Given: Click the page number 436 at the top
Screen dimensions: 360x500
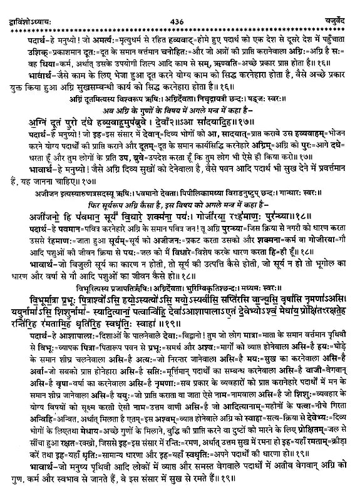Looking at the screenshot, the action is (180, 6).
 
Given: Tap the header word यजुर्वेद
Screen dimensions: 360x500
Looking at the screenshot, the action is (340, 6).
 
